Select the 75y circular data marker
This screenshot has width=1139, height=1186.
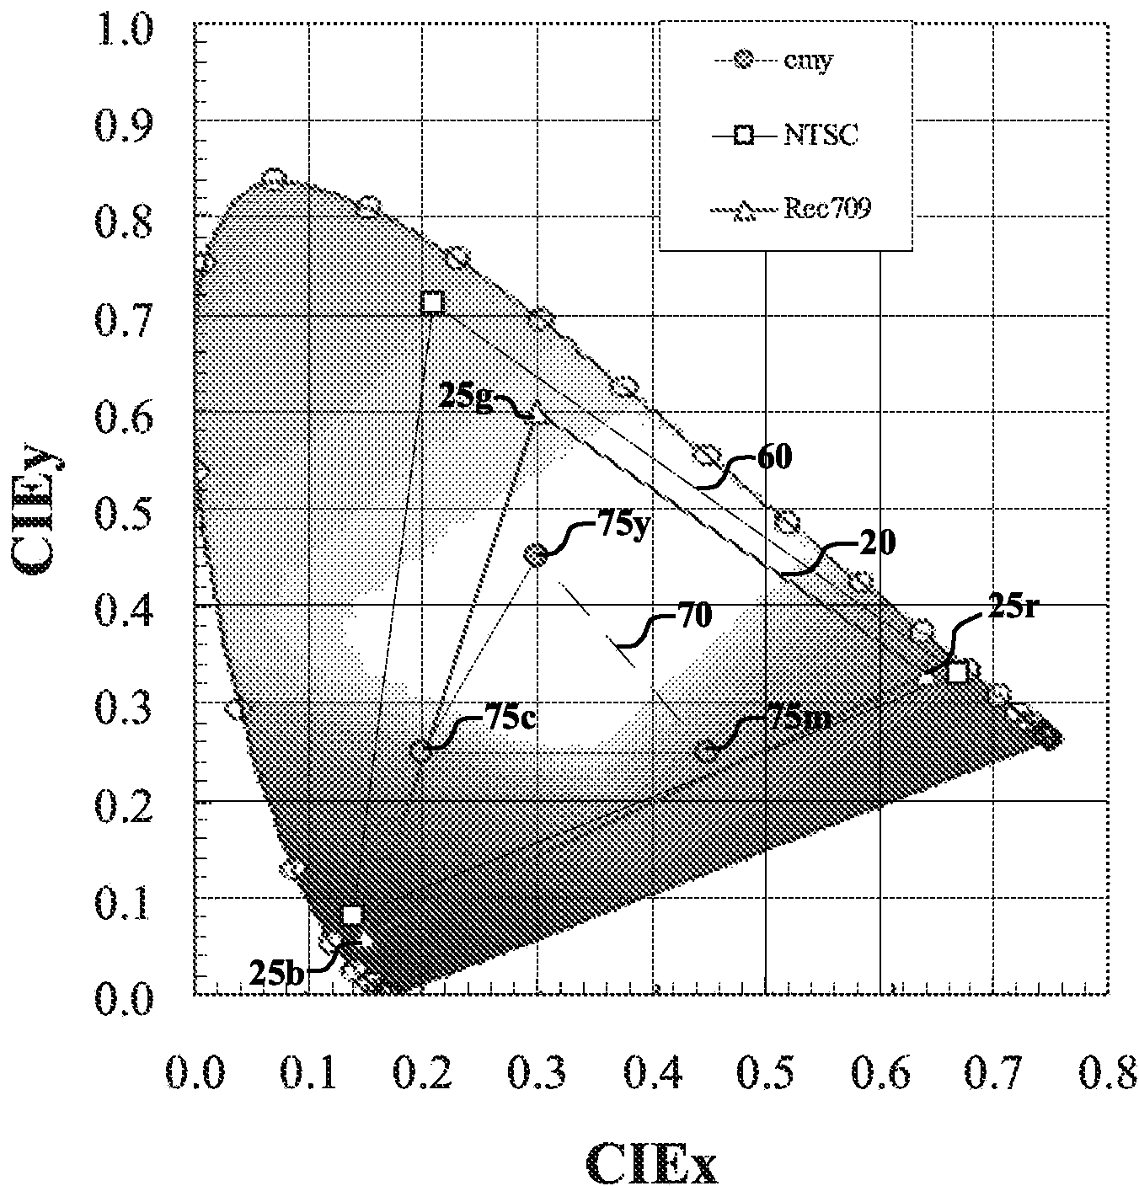pyautogui.click(x=536, y=554)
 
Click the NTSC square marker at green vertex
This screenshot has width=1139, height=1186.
pyautogui.click(x=431, y=302)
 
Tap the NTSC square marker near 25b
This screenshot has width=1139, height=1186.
pyautogui.click(x=352, y=915)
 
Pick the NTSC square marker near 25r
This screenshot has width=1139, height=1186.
pyautogui.click(x=956, y=672)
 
